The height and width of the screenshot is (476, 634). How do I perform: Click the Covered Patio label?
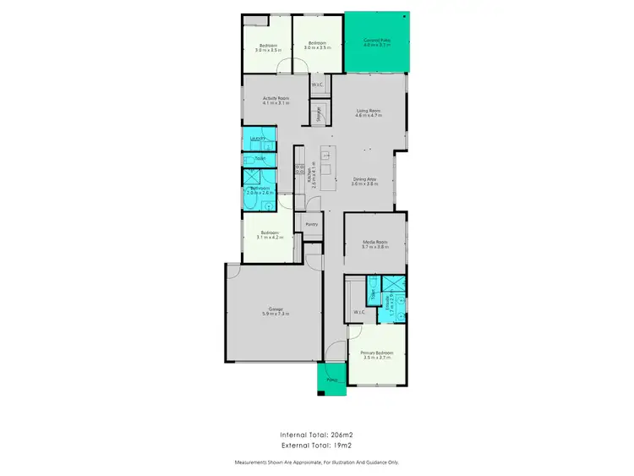(x=375, y=40)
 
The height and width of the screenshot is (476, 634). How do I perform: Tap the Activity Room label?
(x=276, y=99)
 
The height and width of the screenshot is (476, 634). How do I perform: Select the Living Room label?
(x=368, y=111)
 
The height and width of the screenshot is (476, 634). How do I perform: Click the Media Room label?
(x=374, y=242)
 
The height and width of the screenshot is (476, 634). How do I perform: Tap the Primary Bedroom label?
(x=376, y=353)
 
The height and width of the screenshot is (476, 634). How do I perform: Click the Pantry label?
(x=311, y=224)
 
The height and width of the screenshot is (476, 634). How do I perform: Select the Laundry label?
(x=258, y=138)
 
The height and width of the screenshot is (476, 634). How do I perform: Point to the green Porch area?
(x=331, y=380)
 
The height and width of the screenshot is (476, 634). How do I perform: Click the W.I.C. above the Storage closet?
(x=317, y=85)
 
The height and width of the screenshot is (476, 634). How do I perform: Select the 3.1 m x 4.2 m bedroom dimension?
(x=270, y=238)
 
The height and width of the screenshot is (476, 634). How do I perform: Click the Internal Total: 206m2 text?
(x=316, y=434)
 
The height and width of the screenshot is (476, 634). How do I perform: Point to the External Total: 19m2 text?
(x=316, y=445)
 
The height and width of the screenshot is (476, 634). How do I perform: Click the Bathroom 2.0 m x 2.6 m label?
(x=258, y=191)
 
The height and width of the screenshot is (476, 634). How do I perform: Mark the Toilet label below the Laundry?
(x=260, y=158)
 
